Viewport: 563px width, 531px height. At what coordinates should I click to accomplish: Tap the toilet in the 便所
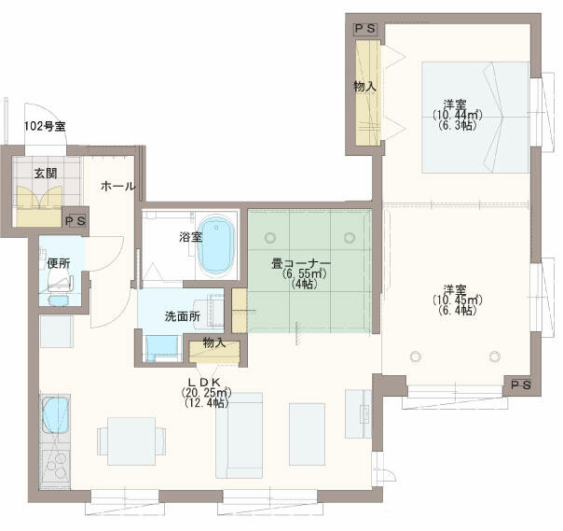tap(59, 284)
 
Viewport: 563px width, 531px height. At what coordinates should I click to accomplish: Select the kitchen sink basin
tap(56, 415)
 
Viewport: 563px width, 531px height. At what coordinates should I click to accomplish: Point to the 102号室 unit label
tap(45, 126)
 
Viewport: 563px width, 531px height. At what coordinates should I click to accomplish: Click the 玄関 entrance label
tap(46, 174)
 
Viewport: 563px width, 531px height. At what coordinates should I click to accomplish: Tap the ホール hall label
tap(118, 186)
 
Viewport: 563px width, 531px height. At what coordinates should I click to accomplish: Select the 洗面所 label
tap(183, 316)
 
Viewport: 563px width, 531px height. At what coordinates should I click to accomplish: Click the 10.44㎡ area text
tap(457, 115)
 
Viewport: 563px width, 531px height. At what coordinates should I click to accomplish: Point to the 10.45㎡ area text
tap(457, 300)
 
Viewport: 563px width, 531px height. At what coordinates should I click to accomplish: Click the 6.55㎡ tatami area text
tap(304, 274)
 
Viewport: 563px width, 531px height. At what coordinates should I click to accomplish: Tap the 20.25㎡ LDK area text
tap(206, 392)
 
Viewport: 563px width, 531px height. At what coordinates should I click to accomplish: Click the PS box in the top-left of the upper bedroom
tap(365, 29)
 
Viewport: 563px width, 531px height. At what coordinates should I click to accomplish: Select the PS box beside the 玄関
tap(76, 221)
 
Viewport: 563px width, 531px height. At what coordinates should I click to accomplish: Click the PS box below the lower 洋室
tap(521, 385)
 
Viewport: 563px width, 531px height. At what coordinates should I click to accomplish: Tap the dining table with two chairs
tap(131, 440)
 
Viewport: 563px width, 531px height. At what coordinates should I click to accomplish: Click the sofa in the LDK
tap(239, 435)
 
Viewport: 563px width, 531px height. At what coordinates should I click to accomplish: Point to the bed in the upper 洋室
tap(475, 118)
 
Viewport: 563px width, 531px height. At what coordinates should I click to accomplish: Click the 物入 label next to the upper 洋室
tap(364, 86)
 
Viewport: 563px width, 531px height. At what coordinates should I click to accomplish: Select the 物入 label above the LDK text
tap(214, 342)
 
